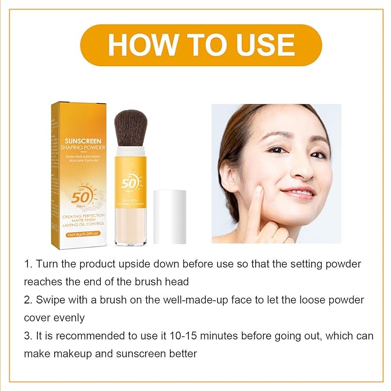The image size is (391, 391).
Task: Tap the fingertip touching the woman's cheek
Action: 259,191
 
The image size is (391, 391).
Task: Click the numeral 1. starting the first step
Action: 28,264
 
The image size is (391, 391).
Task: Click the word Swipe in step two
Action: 51,301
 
